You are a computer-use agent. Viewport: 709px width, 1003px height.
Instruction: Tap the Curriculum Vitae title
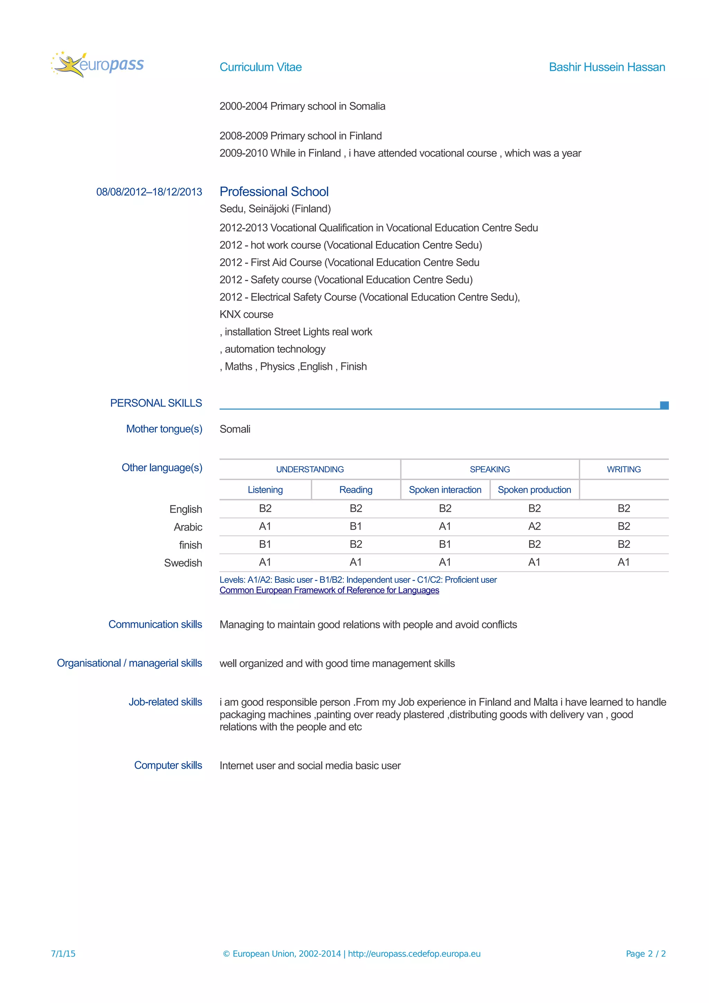(260, 67)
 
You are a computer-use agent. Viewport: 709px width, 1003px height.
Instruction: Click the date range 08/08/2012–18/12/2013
(149, 192)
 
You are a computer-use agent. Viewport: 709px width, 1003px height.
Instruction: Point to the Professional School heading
(274, 191)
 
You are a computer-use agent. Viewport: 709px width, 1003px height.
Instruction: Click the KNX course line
(246, 314)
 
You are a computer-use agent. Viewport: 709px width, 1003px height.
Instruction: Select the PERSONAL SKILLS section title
(156, 403)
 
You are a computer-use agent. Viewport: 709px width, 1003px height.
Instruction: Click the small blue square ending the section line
(664, 405)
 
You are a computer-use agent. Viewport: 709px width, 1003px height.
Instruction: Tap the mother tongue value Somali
(235, 429)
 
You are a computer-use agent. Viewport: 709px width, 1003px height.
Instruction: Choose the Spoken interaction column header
(445, 490)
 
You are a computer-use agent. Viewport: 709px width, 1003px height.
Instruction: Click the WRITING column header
(623, 469)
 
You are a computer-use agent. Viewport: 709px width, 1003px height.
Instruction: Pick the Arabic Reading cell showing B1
(356, 526)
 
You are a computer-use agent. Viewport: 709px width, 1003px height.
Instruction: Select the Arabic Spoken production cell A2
(534, 526)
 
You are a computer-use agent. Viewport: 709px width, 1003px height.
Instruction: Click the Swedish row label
(183, 563)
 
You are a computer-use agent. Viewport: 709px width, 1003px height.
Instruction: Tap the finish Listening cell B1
(265, 544)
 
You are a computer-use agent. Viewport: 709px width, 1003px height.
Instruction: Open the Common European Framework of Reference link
(329, 590)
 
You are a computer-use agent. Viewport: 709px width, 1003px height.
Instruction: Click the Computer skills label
(168, 765)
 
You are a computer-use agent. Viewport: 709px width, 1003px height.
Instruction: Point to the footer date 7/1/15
(63, 954)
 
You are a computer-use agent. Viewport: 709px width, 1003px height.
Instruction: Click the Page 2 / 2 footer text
(645, 954)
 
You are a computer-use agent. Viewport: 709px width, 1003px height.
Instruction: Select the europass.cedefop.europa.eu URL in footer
(414, 954)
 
